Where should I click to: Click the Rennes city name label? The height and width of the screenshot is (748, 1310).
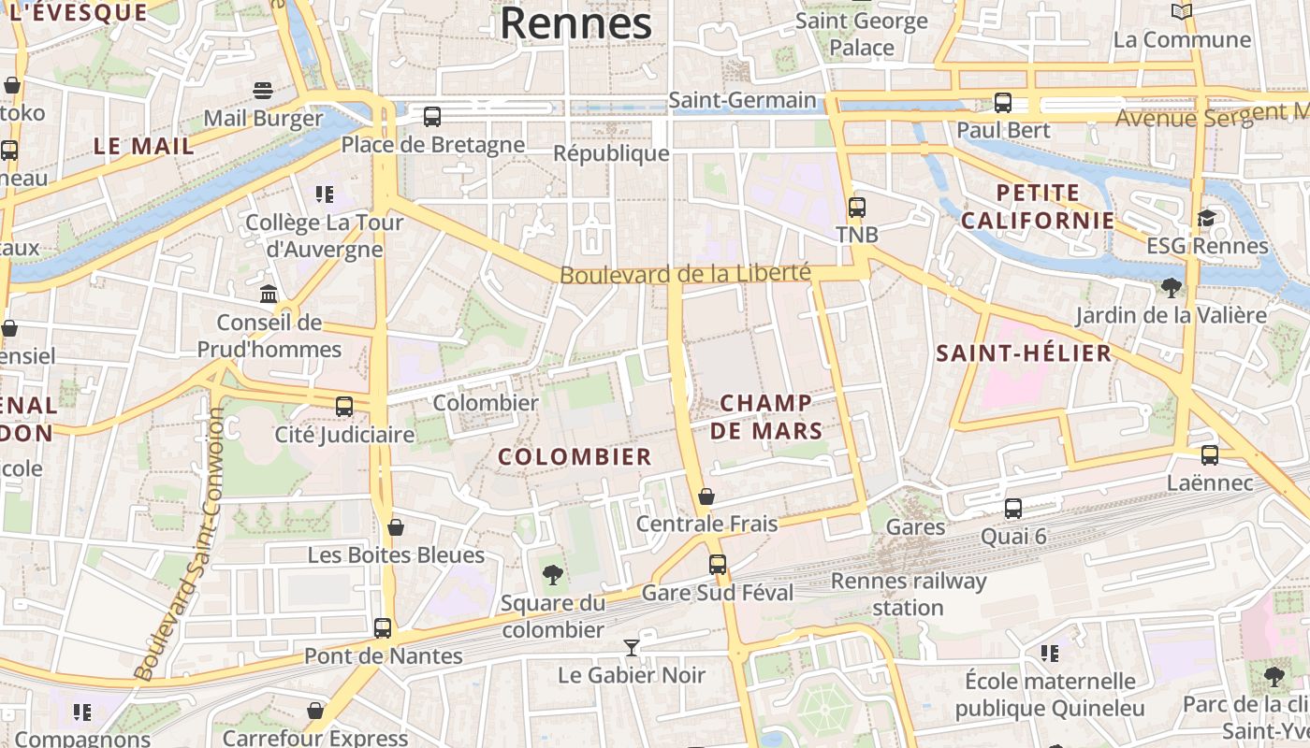pos(575,22)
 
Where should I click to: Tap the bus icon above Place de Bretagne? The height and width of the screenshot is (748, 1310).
pos(432,117)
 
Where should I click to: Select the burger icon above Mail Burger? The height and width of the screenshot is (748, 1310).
pos(263,91)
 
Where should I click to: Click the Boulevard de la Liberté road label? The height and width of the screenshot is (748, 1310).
pos(685,273)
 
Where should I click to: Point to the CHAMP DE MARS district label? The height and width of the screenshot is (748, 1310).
pos(765,417)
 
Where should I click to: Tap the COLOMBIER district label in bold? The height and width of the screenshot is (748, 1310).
pos(575,456)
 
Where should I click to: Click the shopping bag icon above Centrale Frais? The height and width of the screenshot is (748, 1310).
pos(706,496)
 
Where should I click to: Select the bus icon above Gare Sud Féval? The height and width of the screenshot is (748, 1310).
pos(718,564)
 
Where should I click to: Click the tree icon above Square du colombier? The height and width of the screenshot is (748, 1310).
pos(553,574)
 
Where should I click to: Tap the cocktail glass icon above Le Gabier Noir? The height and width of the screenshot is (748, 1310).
pos(632,647)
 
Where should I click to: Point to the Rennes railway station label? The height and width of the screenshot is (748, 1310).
pos(909,594)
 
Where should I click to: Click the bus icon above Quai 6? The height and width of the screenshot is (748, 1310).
pos(1013,509)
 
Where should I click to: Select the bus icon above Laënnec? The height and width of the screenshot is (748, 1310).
pos(1210,455)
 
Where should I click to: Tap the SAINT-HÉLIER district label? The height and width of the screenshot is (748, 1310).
pos(1024,353)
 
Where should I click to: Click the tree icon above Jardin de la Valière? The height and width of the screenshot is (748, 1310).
pos(1171,287)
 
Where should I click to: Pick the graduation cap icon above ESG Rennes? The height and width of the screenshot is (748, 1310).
pos(1207,218)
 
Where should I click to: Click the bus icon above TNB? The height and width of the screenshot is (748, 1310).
pos(857,208)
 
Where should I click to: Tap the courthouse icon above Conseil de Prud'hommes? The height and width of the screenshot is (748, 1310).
pos(269,295)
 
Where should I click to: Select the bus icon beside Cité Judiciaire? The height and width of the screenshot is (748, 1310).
pos(344,407)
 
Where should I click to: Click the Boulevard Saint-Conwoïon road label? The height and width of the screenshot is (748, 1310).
pos(176,542)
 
